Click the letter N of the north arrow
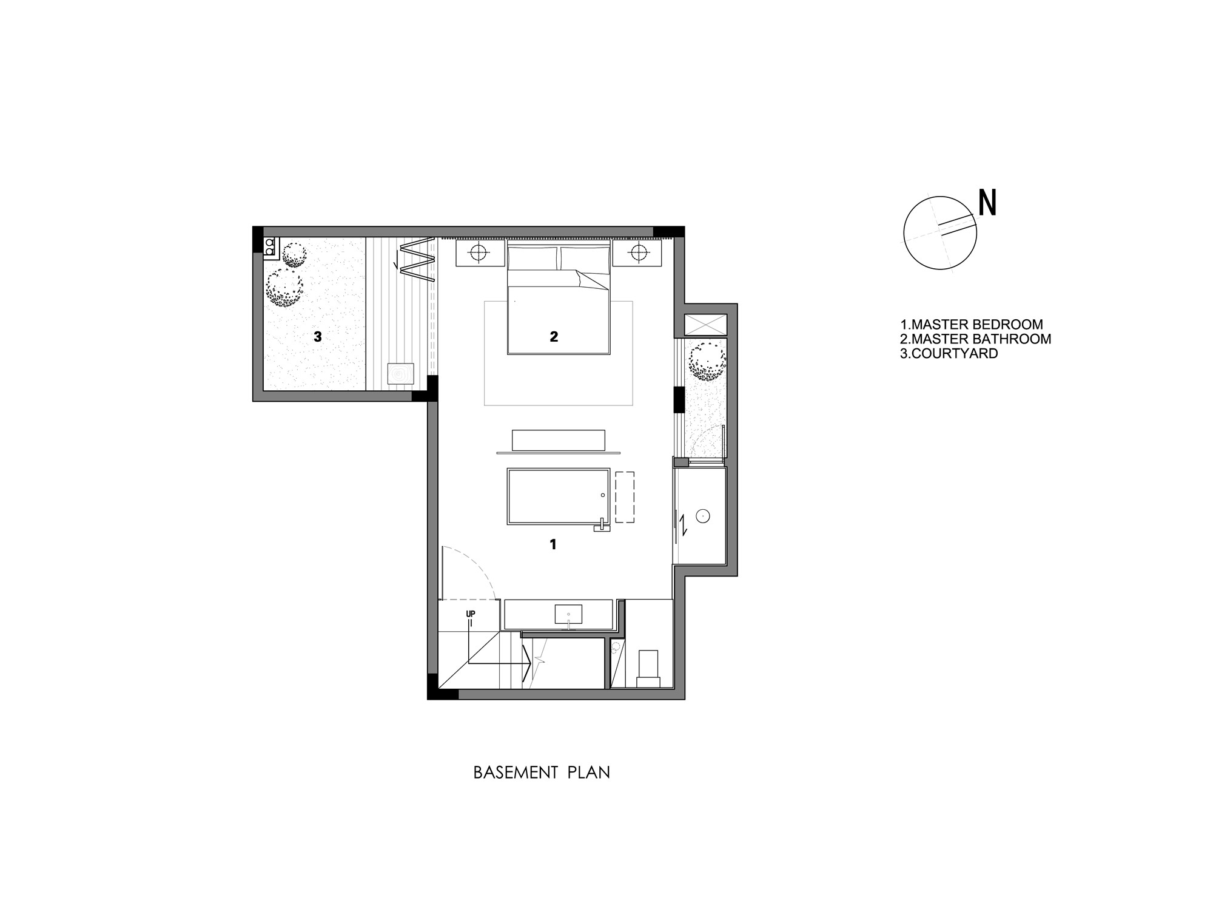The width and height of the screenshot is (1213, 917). click(x=987, y=203)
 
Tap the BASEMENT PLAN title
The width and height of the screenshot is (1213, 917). click(x=542, y=773)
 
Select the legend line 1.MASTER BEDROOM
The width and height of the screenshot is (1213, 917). click(x=971, y=325)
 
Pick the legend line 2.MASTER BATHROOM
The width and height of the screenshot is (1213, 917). click(x=975, y=339)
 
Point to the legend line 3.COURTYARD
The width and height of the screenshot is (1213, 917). click(x=949, y=354)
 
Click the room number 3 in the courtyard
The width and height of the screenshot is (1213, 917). click(x=317, y=337)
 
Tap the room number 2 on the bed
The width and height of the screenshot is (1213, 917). click(x=554, y=337)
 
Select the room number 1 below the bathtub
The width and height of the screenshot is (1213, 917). click(x=553, y=545)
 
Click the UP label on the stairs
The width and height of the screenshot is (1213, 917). click(x=470, y=614)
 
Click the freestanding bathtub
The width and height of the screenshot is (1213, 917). click(x=558, y=496)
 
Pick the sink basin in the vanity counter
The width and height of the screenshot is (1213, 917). click(x=568, y=614)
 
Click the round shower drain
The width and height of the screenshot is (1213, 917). click(x=702, y=516)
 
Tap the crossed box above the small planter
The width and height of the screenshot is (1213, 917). click(x=705, y=325)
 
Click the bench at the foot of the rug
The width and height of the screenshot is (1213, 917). click(x=558, y=440)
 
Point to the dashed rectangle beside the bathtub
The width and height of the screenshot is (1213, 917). click(x=624, y=497)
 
